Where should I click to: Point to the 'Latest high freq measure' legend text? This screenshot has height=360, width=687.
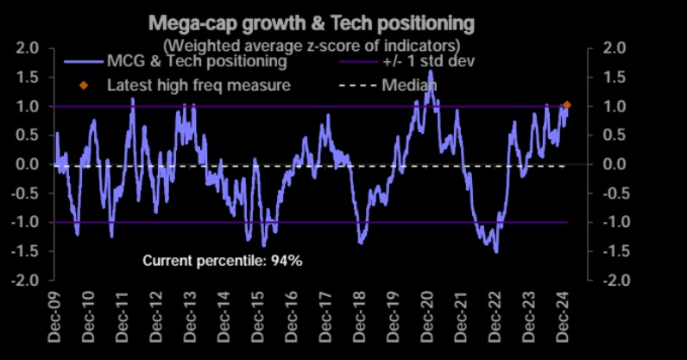[199, 85]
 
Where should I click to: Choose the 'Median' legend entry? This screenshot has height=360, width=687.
[409, 85]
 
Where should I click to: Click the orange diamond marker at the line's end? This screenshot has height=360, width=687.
[567, 105]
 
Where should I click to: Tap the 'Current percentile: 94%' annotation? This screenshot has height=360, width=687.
[222, 260]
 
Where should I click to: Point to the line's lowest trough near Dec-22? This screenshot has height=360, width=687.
[496, 251]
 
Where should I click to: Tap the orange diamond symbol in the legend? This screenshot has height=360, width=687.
[84, 85]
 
